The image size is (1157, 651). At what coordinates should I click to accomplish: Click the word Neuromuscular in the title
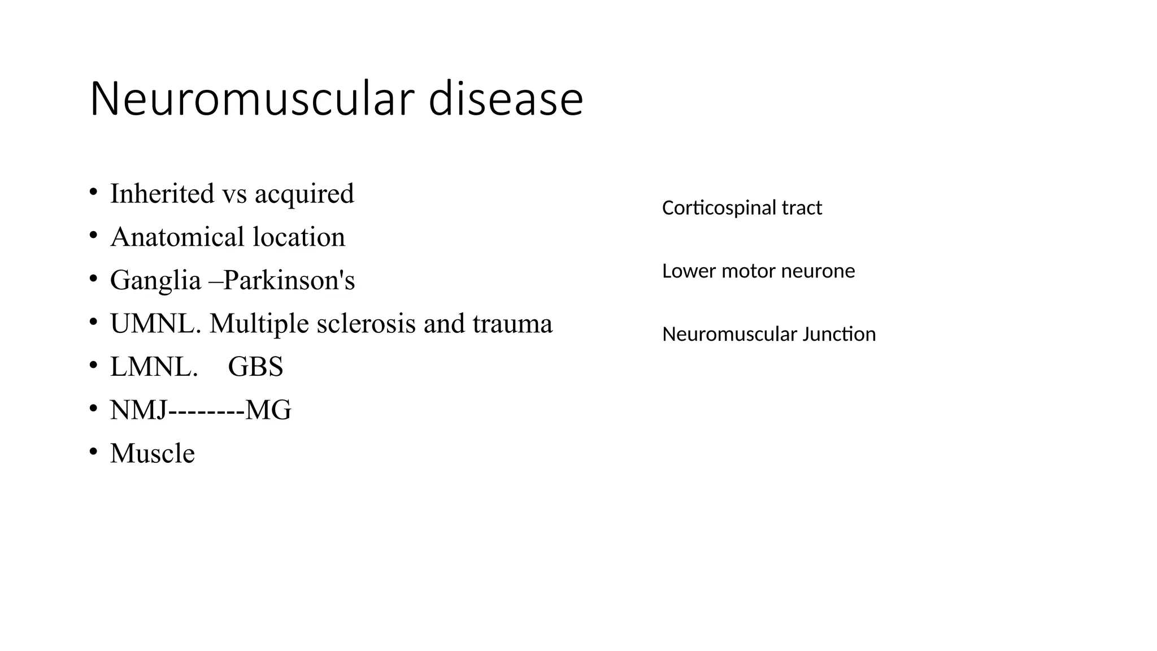(x=253, y=99)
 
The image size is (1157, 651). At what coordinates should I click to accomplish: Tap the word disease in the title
(x=506, y=99)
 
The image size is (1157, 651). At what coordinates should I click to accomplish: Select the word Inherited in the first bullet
(x=162, y=194)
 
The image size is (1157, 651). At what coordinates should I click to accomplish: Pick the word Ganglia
(x=155, y=281)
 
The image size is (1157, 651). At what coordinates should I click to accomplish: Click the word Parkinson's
(x=289, y=280)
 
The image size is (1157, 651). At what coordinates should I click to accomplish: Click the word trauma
(x=512, y=324)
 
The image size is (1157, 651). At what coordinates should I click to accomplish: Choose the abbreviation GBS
(x=255, y=367)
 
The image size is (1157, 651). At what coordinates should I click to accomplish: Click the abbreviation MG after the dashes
(x=269, y=410)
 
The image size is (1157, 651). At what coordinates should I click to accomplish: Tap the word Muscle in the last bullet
(x=153, y=453)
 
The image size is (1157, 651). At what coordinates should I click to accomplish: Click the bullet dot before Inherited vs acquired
(x=93, y=192)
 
